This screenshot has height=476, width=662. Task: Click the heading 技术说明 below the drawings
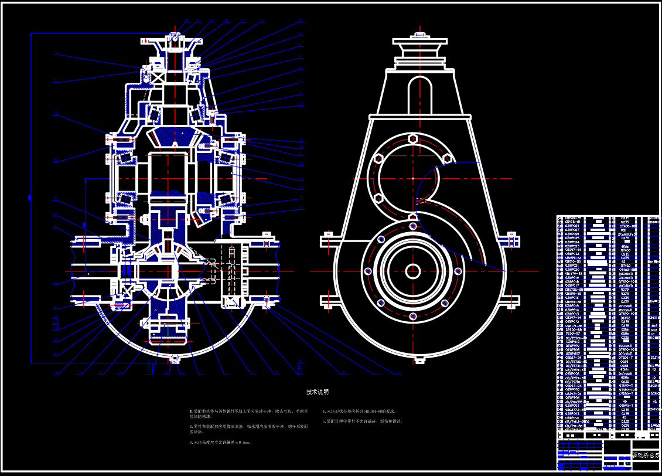(318, 392)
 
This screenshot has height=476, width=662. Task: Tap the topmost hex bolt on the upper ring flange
(413, 139)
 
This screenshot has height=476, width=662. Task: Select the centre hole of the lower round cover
(413, 270)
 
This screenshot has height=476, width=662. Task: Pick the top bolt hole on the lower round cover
(413, 226)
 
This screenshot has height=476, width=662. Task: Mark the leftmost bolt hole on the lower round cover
(368, 271)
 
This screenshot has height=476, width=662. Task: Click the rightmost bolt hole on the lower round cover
(458, 271)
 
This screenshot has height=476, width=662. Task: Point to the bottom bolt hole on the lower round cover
(413, 316)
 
